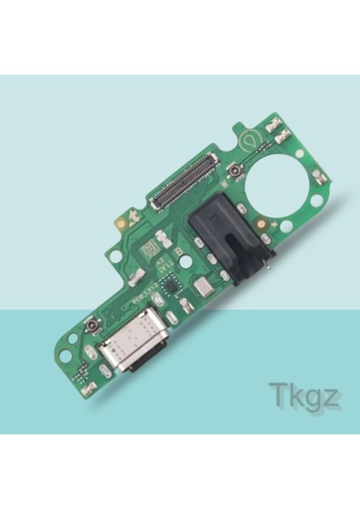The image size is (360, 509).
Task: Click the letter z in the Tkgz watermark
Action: point(334,397)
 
